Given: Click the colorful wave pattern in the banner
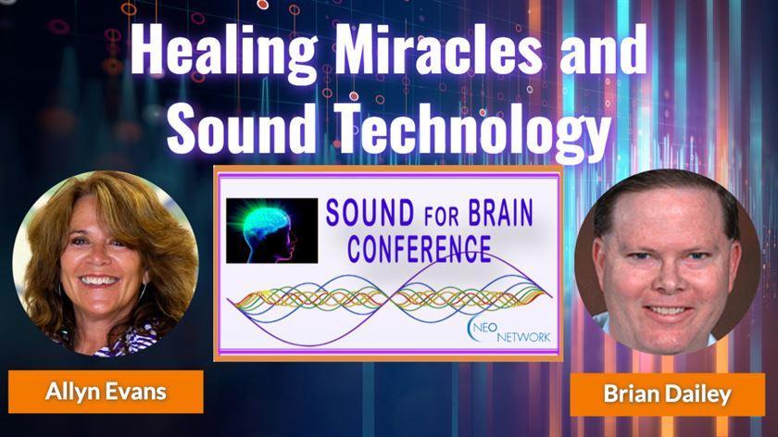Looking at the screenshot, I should click(x=389, y=296).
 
